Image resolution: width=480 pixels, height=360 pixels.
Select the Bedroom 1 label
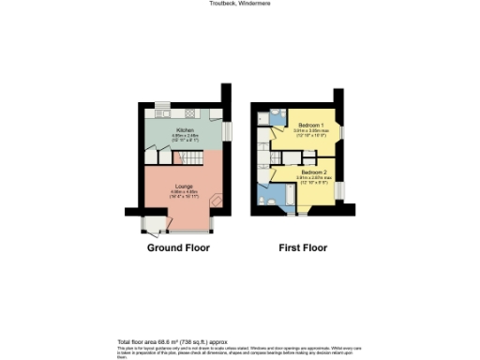click(310, 126)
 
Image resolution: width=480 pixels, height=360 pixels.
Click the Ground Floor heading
click(178, 248)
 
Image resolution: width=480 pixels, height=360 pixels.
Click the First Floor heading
click(303, 248)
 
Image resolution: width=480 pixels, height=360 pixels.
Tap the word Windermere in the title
click(255, 4)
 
